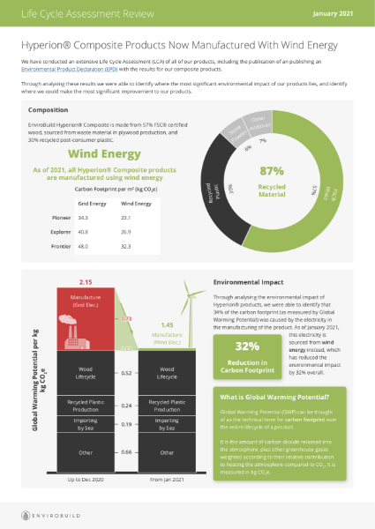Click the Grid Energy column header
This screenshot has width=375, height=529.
[x=86, y=202]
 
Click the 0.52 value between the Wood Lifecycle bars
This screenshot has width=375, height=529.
[x=126, y=374]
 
